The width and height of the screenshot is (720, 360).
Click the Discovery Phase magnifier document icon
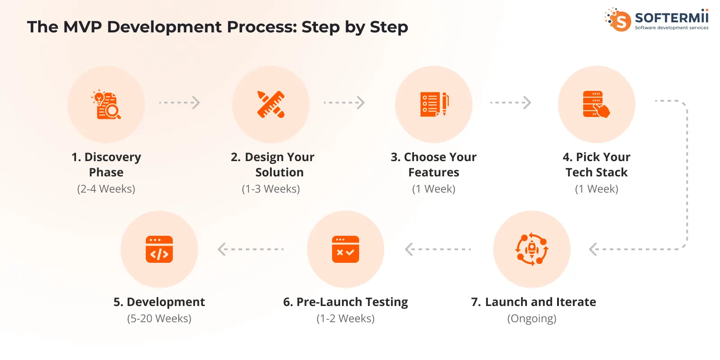click(x=106, y=104)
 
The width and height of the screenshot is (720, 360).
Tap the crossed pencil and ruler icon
click(x=271, y=104)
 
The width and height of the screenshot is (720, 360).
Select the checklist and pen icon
click(x=434, y=104)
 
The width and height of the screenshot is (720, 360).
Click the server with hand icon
click(x=596, y=104)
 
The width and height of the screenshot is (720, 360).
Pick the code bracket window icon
click(x=159, y=249)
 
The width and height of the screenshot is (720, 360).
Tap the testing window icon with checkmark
click(x=346, y=249)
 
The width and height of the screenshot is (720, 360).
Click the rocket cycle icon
click(x=532, y=249)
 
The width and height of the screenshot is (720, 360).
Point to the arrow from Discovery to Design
click(x=179, y=103)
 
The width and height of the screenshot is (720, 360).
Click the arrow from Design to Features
click(x=344, y=103)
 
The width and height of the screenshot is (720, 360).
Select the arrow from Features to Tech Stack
click(x=510, y=103)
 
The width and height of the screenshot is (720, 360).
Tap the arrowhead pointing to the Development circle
click(x=222, y=249)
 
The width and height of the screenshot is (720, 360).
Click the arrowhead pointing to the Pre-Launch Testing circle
click(x=409, y=249)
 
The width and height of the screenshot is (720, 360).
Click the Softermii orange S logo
click(x=620, y=20)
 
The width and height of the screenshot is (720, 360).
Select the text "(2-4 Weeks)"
click(x=106, y=189)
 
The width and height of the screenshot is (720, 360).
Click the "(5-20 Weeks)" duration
click(x=159, y=319)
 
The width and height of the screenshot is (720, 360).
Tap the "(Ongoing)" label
click(x=532, y=319)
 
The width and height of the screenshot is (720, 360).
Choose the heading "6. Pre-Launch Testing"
click(x=346, y=302)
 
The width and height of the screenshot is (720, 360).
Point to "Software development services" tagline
click(x=671, y=28)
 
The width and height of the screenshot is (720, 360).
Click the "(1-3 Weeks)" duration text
click(x=271, y=189)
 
